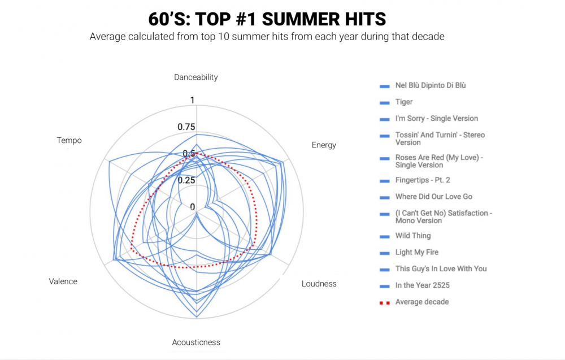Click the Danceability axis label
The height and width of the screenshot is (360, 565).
point(195,77)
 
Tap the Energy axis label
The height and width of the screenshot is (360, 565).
point(324,145)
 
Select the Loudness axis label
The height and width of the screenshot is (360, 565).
point(319,284)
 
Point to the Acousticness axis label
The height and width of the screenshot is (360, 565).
point(196,342)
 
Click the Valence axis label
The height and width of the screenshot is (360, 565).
point(63,281)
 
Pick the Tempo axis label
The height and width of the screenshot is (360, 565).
point(69,140)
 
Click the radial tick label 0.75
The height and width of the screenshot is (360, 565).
point(186,127)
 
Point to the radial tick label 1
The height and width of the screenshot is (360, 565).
point(193,100)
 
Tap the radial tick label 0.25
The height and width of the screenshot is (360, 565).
point(186,180)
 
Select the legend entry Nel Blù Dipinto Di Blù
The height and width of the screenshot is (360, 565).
point(423,85)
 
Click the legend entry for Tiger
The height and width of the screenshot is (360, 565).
point(396,102)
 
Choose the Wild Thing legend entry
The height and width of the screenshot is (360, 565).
point(405,236)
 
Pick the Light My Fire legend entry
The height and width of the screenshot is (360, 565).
point(409,252)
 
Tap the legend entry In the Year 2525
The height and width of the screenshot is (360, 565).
point(414,285)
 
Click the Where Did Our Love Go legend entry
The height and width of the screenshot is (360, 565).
point(426,197)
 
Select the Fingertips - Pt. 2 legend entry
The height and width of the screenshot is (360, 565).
point(415,180)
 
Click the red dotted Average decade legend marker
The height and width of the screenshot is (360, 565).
point(384,303)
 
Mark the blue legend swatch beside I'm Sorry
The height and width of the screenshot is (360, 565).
point(384,119)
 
